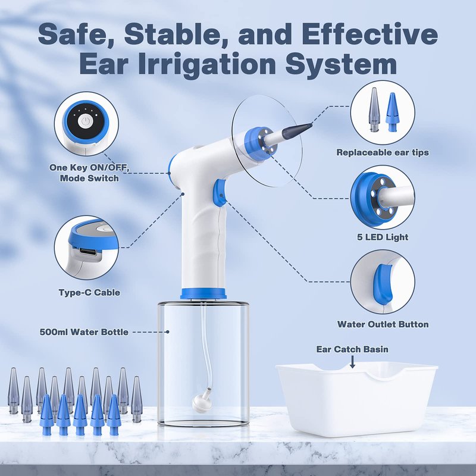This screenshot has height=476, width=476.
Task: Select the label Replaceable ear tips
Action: tap(383, 152)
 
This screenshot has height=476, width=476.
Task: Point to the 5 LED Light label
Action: tap(383, 237)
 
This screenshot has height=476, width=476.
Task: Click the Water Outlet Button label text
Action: tap(383, 324)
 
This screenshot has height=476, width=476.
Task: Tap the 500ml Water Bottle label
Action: tap(84, 332)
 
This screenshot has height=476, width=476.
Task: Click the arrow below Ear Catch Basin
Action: tap(352, 362)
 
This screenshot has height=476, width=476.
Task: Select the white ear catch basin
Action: tap(357, 399)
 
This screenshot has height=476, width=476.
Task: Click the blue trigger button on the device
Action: tap(220, 193)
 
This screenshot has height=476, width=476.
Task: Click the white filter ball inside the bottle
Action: tap(202, 402)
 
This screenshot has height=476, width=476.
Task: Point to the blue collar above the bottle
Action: tap(203, 293)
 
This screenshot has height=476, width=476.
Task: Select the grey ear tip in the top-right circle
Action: tap(374, 109)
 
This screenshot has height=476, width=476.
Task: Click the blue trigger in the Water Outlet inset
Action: tap(383, 284)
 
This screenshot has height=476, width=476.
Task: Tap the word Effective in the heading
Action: tap(369, 34)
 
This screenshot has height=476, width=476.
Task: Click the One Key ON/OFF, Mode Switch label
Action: tap(89, 173)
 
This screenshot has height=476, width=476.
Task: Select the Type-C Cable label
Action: tap(89, 292)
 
